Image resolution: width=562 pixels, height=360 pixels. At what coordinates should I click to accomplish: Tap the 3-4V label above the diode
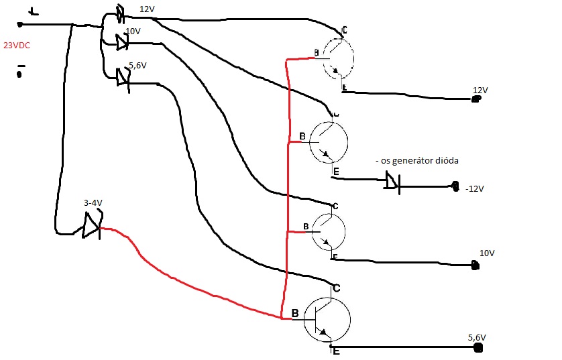[x=93, y=202]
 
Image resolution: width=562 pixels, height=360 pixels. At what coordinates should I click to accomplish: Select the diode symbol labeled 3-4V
[x=91, y=225]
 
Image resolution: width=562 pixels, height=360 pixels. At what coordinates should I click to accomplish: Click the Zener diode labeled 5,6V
[x=122, y=78]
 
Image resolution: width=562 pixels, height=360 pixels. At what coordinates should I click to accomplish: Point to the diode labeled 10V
[x=121, y=43]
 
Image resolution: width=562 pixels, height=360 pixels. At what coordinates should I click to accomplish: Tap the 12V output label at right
[x=480, y=90]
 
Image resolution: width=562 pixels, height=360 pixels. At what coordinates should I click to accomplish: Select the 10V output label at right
[x=487, y=253]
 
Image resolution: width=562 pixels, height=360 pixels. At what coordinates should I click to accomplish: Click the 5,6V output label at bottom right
[x=477, y=337]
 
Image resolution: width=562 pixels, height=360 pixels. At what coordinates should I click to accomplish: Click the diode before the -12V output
[x=392, y=181]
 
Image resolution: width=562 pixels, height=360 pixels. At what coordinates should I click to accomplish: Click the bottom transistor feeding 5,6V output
[x=327, y=320]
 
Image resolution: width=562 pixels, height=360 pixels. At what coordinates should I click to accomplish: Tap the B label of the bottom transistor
[x=295, y=313]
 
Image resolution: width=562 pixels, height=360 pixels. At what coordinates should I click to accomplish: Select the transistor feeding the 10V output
[x=328, y=231]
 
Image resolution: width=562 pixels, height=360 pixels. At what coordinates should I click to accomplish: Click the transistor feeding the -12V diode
[x=329, y=143]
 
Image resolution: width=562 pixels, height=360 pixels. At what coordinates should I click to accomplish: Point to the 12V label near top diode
[x=147, y=9]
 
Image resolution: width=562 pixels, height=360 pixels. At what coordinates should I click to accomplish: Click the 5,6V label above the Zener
[x=137, y=65]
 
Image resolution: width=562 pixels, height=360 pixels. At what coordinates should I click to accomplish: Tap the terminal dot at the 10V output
[x=475, y=266]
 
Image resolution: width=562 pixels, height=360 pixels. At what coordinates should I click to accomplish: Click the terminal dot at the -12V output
[x=455, y=185]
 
